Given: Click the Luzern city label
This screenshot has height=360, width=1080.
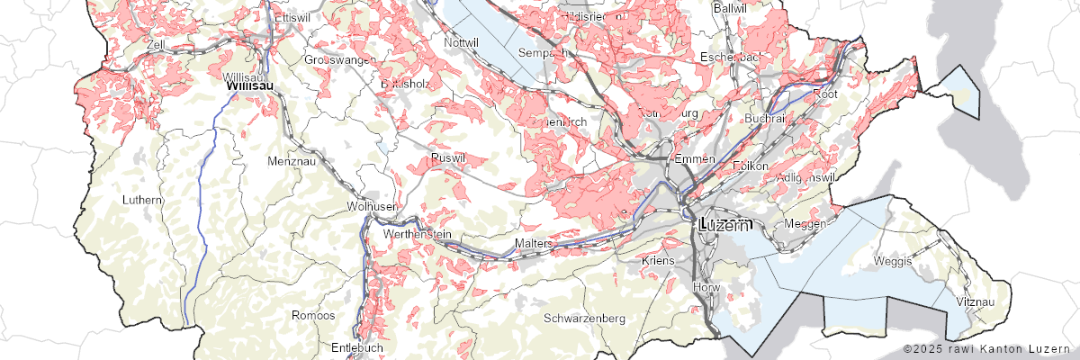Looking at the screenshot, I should tap(724, 225).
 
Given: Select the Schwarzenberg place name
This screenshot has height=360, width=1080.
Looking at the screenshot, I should tap(584, 319).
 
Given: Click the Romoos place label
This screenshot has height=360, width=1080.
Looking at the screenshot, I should tap(313, 316).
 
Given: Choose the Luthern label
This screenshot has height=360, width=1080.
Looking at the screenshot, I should tap(144, 199).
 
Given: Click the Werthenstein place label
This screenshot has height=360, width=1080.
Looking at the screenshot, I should tap(417, 234).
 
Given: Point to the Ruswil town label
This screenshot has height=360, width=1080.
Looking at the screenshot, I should tap(448, 157).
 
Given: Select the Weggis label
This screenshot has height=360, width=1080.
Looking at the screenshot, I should tap(893, 261).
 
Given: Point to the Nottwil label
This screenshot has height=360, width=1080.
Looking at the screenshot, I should tap(462, 41).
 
